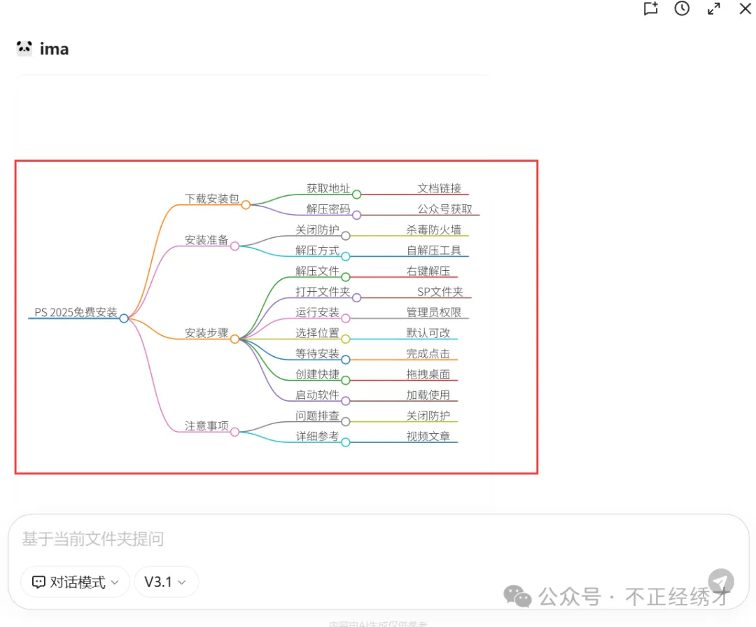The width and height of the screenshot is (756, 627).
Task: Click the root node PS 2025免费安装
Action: point(76,313)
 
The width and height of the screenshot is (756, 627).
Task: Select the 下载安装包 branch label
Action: point(211,199)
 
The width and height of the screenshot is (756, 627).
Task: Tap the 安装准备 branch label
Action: point(206,240)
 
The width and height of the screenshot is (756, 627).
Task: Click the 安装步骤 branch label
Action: point(206,333)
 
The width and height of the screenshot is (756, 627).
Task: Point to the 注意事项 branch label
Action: point(206,426)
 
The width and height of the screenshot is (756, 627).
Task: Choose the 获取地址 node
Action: point(328,188)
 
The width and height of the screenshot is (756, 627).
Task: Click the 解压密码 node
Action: point(328,209)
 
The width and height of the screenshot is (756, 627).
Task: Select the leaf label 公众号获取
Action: point(444,209)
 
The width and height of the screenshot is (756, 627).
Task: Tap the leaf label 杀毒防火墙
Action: point(433,230)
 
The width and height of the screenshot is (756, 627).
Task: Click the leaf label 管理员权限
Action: point(433,312)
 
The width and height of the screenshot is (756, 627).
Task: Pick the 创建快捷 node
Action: point(317,374)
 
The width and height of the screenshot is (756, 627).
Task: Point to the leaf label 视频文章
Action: point(428,437)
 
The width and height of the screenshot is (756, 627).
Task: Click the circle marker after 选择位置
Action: point(345,339)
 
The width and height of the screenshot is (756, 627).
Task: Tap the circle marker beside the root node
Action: point(124,318)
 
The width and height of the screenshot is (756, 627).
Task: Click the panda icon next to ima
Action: point(24,48)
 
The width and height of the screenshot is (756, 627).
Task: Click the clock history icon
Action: point(682,8)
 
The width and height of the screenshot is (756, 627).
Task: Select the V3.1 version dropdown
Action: point(166,582)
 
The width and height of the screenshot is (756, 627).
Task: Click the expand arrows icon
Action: point(713,8)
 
